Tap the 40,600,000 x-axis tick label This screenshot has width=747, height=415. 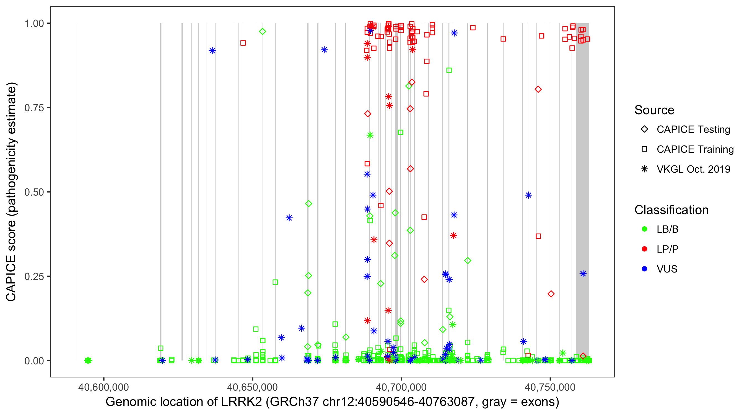point(103,387)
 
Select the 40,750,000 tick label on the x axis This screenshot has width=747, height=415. point(550,387)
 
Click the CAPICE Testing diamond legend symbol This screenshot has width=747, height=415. point(644,129)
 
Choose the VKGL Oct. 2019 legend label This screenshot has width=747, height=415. point(693,169)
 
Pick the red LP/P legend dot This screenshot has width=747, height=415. point(644,249)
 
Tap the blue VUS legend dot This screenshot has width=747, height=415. point(644,269)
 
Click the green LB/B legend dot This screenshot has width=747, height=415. point(644,229)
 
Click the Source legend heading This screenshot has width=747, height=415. point(654,110)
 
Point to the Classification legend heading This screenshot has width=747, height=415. point(671,210)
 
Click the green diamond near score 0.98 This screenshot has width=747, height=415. point(263,31)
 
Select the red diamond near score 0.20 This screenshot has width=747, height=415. point(551,294)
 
